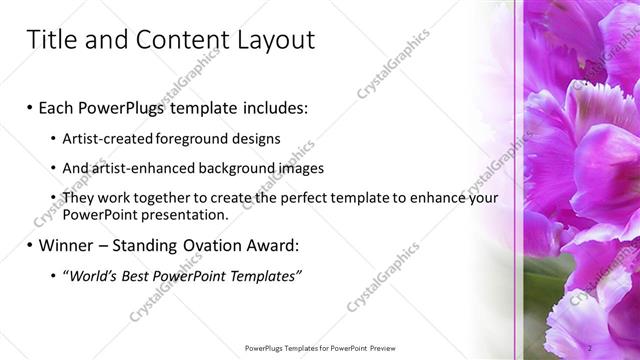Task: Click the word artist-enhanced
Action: click(x=142, y=168)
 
